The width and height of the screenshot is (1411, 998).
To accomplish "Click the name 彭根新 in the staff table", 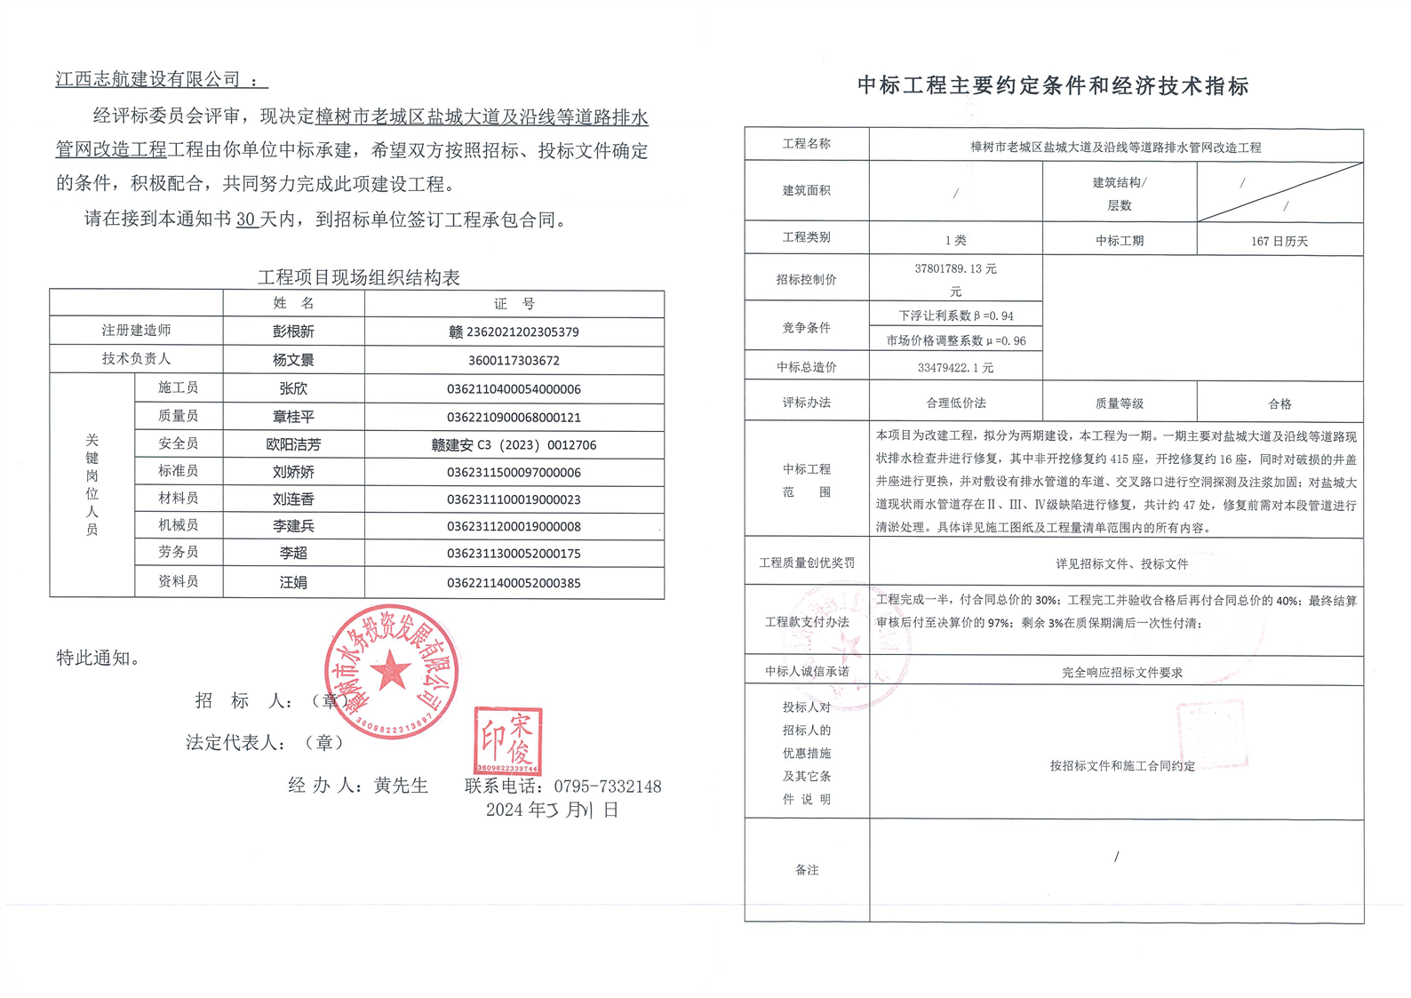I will (x=293, y=331).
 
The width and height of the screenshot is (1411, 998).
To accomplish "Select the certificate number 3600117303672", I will (x=514, y=360).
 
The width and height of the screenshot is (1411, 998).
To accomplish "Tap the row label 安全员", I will (x=178, y=443).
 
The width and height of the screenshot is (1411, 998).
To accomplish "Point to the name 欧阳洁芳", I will (x=293, y=444).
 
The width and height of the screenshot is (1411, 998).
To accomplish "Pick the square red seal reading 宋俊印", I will (x=507, y=740).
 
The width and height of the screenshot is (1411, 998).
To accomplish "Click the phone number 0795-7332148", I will (x=607, y=786).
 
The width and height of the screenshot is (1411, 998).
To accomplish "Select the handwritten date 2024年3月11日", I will (x=552, y=810).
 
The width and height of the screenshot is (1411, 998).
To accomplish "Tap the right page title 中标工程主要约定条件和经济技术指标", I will (x=1053, y=85).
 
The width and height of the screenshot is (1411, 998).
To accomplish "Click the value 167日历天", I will (x=1279, y=241).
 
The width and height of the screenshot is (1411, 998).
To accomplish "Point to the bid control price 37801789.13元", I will (x=955, y=268).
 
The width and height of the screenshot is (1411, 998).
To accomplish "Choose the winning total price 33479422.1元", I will (x=955, y=367).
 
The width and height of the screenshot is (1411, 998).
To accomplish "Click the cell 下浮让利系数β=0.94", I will (x=955, y=315).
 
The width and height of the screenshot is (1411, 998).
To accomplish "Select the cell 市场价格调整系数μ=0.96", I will (x=955, y=340).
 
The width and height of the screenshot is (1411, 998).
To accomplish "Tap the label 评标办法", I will (x=806, y=403).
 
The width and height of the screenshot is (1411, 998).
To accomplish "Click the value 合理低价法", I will (x=955, y=403).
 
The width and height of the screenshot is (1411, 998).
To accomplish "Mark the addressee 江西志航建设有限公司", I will (x=148, y=79).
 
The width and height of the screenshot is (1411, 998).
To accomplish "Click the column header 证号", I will (x=514, y=304).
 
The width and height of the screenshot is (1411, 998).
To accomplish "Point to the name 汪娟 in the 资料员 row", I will (x=293, y=583).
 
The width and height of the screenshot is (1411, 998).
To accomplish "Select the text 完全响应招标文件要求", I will (x=1121, y=673).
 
